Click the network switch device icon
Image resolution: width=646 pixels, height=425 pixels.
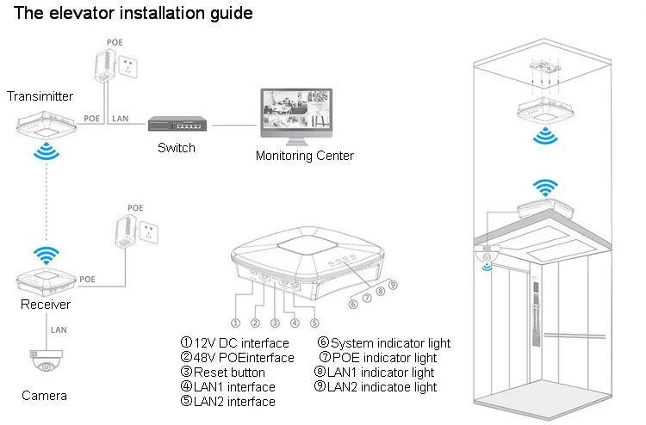[x=176, y=126]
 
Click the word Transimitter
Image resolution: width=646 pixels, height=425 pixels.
[x=40, y=96]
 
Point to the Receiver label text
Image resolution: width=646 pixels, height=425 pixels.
[x=46, y=305]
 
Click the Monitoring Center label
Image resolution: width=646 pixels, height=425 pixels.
[x=304, y=156]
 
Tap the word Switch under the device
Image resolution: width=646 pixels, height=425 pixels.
[x=176, y=148]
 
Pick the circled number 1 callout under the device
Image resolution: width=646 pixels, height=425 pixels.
[x=234, y=323]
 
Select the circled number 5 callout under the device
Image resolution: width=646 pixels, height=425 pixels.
[x=314, y=323]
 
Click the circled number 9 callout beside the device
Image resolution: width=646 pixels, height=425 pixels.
[x=393, y=285]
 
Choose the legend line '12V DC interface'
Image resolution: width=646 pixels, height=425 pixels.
[x=227, y=343]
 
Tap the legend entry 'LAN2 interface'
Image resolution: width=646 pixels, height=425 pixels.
[x=227, y=402]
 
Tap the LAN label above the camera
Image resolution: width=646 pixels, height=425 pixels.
[x=59, y=330]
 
